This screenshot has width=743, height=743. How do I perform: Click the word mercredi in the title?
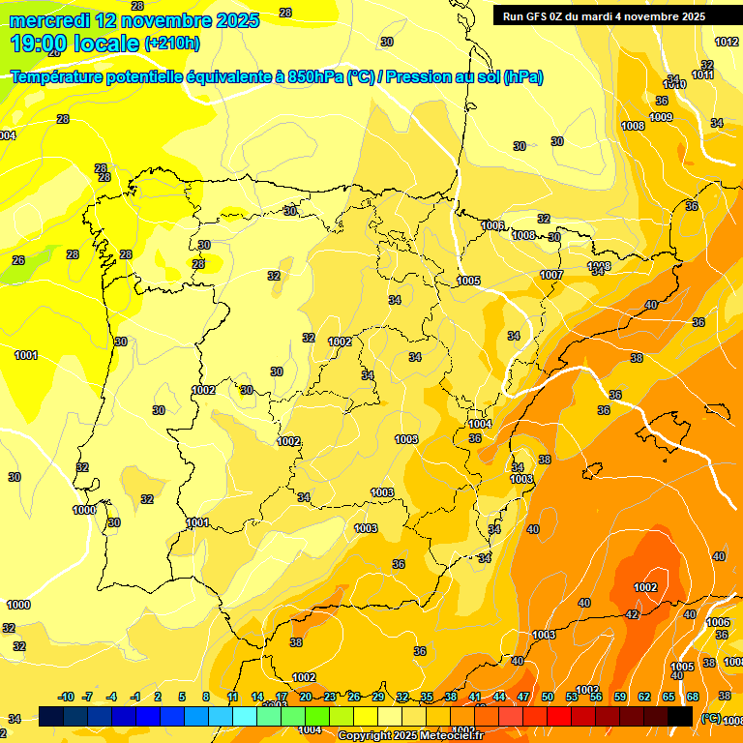click(x=48, y=20)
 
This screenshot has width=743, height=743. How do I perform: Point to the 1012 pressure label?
click(x=727, y=42)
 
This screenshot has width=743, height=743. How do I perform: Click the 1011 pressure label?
click(x=703, y=74)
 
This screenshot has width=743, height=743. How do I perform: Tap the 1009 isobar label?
click(x=661, y=117)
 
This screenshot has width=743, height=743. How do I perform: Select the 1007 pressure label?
click(x=551, y=275)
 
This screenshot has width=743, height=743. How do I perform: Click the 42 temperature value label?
click(x=632, y=614)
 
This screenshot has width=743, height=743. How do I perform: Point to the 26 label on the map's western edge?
click(x=18, y=260)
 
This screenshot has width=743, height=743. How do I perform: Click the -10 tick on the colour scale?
click(x=66, y=697)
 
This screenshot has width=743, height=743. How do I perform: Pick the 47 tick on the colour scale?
click(x=523, y=697)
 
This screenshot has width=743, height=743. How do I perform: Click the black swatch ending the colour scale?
click(x=680, y=716)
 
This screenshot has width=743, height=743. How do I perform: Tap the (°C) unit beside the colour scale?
click(x=710, y=717)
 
